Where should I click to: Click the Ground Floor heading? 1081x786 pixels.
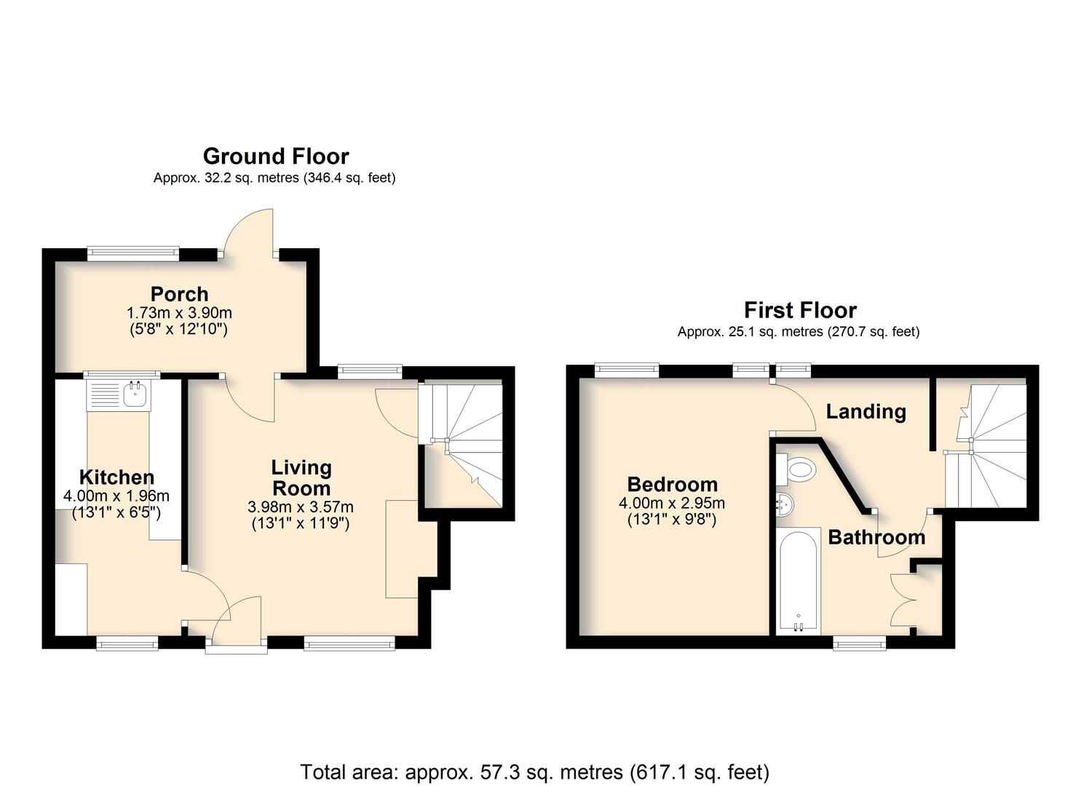tap(276, 156)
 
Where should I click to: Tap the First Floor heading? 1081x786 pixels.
tap(800, 310)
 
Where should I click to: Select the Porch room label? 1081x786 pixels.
tap(180, 294)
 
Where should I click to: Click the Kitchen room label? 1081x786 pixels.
tap(116, 477)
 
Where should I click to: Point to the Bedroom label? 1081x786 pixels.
tap(672, 484)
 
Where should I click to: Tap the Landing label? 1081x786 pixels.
tap(866, 412)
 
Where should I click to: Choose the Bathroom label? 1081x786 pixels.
tap(876, 537)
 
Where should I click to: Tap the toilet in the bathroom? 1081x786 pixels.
tap(796, 469)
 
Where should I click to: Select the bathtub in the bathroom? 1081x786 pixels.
tap(799, 579)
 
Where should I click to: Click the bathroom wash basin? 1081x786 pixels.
tap(785, 505)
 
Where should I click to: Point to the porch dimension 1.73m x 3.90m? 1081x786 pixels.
tap(179, 313)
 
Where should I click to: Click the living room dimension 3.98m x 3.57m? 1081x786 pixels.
tap(300, 507)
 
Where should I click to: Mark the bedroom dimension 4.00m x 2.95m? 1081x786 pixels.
tap(672, 503)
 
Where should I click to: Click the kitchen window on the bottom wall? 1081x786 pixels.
tap(127, 643)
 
